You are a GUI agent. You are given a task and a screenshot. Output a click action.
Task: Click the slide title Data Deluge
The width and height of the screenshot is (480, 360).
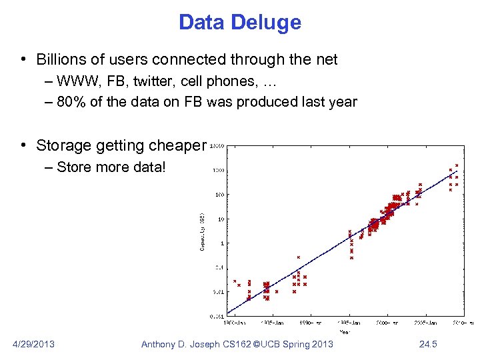coord(240,22)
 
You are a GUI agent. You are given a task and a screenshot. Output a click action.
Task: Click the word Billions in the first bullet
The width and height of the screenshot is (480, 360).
coord(62,60)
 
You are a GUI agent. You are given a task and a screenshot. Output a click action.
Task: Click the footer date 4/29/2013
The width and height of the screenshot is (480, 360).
coord(34,344)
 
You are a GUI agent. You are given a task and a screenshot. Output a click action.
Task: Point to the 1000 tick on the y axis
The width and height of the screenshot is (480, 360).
coord(219,171)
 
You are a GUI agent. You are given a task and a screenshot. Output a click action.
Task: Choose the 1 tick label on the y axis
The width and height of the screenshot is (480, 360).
coord(223,243)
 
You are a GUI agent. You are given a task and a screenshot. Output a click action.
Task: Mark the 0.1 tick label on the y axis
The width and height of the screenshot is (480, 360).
coord(220,267)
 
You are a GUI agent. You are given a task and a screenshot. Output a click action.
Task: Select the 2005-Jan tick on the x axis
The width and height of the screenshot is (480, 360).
coord(425,322)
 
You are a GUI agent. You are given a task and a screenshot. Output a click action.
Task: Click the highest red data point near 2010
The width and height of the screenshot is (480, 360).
coord(457,165)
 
